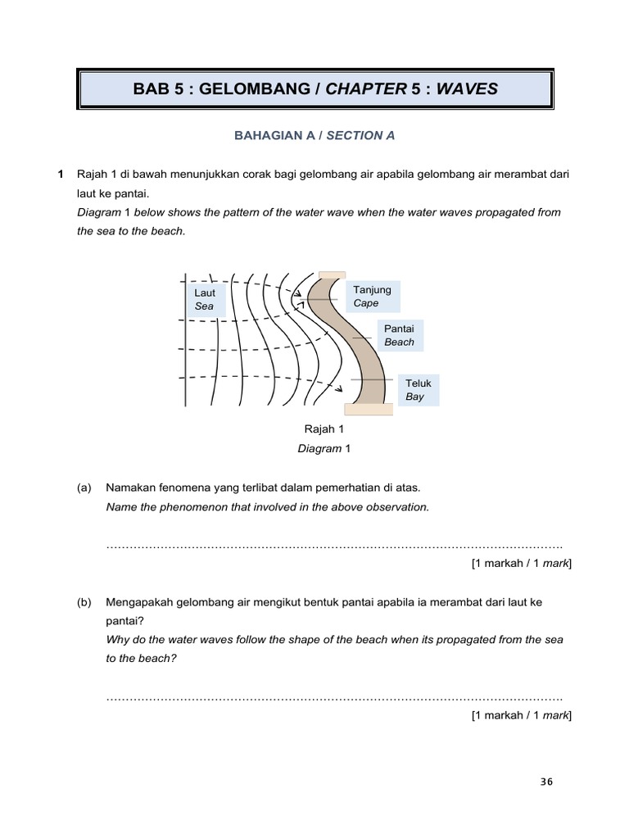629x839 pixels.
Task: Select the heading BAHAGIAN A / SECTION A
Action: tap(314, 135)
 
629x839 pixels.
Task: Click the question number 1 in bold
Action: tap(60, 175)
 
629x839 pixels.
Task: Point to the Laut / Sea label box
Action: tap(205, 299)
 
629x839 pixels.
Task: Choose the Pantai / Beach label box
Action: tap(400, 335)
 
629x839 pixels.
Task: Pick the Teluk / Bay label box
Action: tap(418, 389)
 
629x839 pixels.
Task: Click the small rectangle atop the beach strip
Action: tap(333, 274)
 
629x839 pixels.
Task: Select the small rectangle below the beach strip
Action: tap(368, 410)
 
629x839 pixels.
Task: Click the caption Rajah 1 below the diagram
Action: tap(324, 429)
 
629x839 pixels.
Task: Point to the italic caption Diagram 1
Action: tap(324, 448)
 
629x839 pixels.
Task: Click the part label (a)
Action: tap(84, 488)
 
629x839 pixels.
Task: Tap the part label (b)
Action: tap(84, 602)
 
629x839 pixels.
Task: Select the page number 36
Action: tap(547, 781)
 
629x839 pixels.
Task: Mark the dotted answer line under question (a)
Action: tap(334, 546)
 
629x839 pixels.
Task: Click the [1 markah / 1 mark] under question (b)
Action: tap(522, 715)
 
